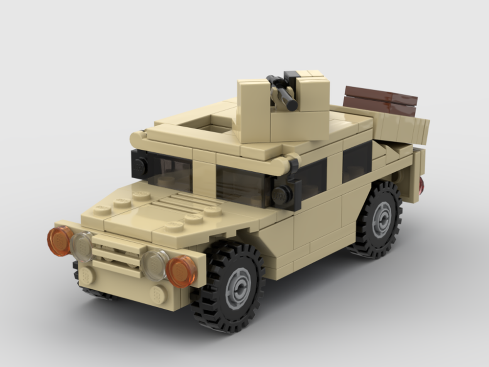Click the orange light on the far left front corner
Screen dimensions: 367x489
tap(60, 241)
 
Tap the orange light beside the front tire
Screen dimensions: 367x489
tap(181, 271)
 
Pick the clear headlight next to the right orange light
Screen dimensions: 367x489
tap(156, 265)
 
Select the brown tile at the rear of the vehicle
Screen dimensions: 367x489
tap(380, 100)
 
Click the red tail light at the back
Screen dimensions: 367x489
tap(421, 185)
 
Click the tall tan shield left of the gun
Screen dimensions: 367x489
tap(254, 111)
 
